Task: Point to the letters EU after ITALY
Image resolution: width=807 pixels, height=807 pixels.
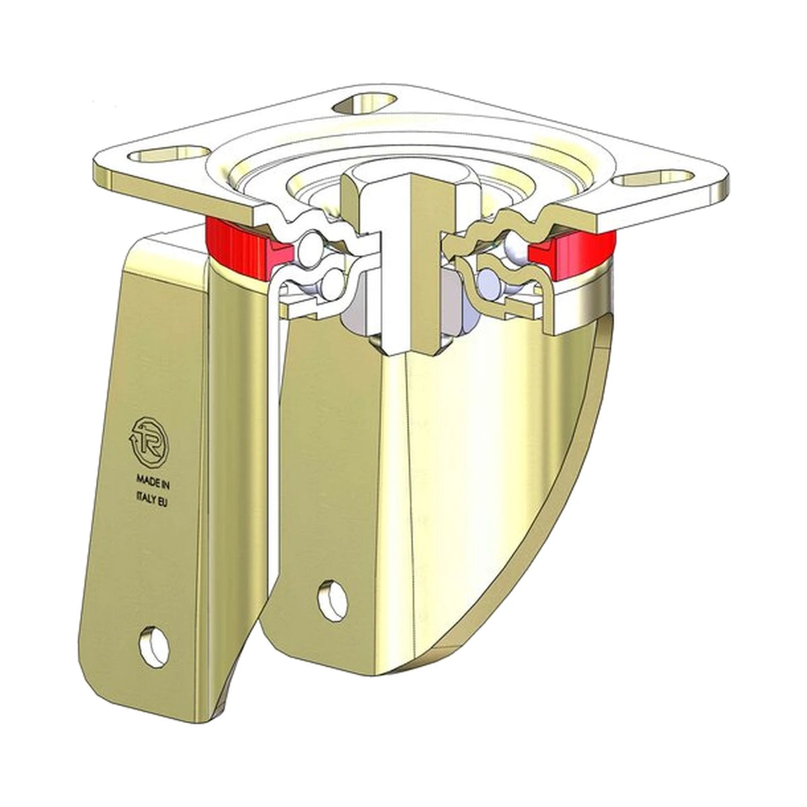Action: click(x=162, y=504)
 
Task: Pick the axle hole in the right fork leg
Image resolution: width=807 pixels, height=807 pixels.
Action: click(x=333, y=599)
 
